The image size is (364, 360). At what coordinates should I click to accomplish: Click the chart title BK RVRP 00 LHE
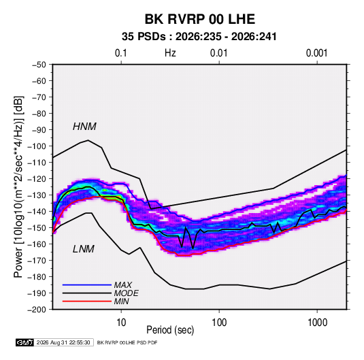(x=200, y=19)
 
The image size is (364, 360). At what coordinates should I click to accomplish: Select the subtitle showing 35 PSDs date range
(x=199, y=37)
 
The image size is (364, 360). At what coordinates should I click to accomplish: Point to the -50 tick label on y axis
(x=39, y=65)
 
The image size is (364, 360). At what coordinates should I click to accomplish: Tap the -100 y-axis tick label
(x=37, y=146)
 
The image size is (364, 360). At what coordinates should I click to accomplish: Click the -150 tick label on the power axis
(x=37, y=228)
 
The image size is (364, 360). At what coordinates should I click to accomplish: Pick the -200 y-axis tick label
(x=37, y=310)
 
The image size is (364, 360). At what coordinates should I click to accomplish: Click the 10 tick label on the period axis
(x=121, y=323)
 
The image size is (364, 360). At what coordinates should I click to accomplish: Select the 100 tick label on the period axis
(x=219, y=323)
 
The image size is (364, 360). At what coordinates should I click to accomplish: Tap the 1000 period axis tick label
(x=317, y=323)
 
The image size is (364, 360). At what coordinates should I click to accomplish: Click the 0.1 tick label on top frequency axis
(x=121, y=53)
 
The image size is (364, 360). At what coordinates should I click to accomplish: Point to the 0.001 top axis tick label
(x=316, y=53)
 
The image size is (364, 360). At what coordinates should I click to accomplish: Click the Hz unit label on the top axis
(x=170, y=53)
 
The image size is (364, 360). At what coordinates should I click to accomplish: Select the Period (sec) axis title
(x=170, y=330)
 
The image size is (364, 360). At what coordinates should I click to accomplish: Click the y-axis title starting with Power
(x=18, y=187)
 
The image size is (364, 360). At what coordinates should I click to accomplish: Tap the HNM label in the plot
(x=84, y=127)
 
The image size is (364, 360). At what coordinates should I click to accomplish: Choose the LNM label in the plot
(x=84, y=249)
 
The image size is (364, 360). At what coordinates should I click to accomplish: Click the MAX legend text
(x=123, y=285)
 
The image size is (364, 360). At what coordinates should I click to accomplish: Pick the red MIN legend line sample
(x=87, y=301)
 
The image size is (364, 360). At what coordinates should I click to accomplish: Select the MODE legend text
(x=127, y=293)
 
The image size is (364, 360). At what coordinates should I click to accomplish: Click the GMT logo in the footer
(x=24, y=342)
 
